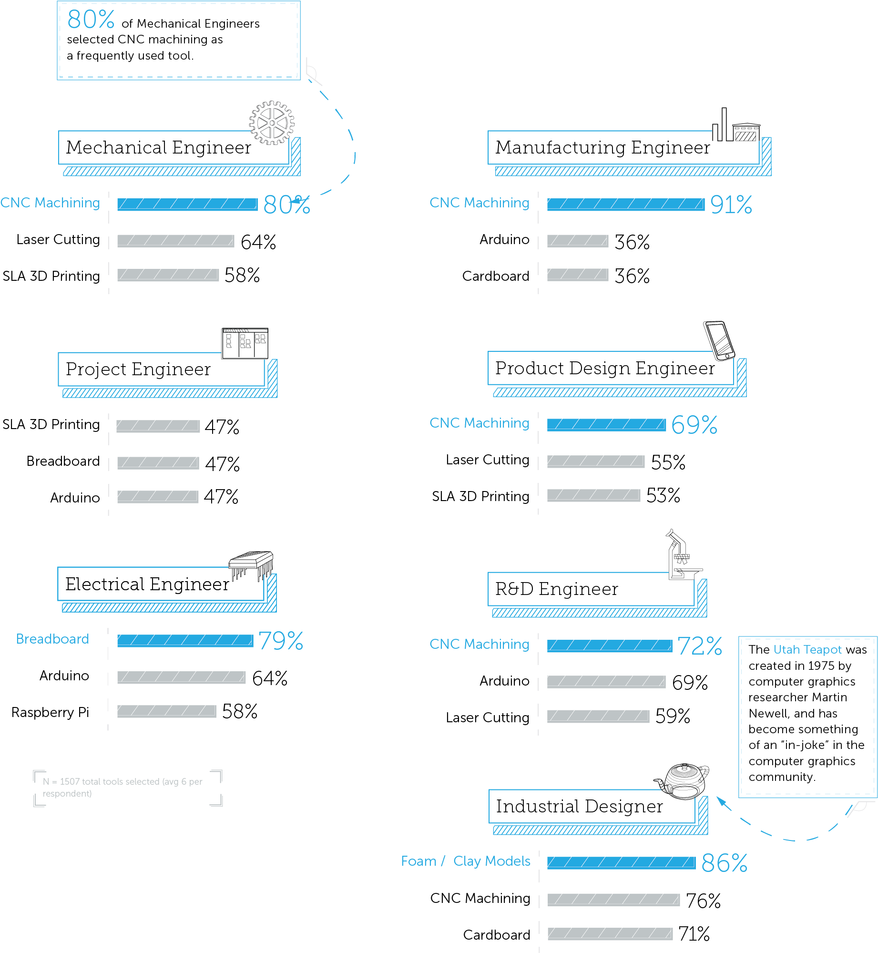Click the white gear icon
coord(272,123)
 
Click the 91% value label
coord(731,205)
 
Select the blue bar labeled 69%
coord(606,423)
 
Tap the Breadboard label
coord(52,639)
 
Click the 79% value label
coord(281,641)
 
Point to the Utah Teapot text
coord(807,649)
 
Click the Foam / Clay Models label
coord(465,861)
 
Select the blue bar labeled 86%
coord(621,862)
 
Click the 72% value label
coord(700,646)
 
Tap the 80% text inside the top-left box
coord(91,20)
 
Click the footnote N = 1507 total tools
coord(122,787)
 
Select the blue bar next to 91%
coord(625,204)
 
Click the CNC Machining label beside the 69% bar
coord(479,423)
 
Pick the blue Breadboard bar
coord(184,640)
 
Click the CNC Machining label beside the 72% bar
coord(479,644)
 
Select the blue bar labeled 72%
coord(609,645)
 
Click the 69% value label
coord(694,425)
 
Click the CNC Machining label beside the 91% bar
coord(479,203)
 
